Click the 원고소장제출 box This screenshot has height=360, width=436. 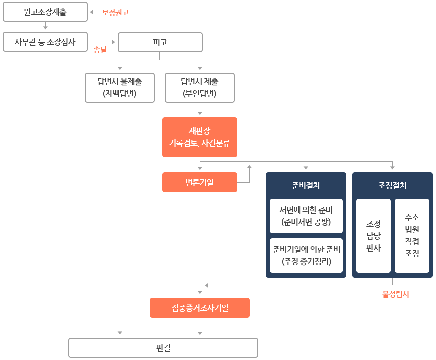click(x=45, y=12)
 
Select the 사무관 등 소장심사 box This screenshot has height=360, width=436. click(x=45, y=42)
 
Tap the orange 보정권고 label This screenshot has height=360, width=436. click(x=115, y=13)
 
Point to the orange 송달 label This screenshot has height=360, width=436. click(x=100, y=50)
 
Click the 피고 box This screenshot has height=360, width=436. click(x=160, y=42)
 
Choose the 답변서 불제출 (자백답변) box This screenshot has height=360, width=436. click(x=120, y=88)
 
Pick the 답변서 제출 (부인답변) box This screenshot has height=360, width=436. click(x=200, y=88)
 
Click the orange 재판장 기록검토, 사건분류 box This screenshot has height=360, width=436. click(x=200, y=138)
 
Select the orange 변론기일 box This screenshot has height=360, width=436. click(x=200, y=182)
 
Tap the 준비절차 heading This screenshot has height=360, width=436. click(x=306, y=186)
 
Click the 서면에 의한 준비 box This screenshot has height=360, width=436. click(x=306, y=216)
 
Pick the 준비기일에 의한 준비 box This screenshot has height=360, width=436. click(x=306, y=255)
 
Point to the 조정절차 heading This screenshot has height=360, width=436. click(x=392, y=186)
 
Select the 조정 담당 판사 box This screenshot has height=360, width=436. click(x=373, y=236)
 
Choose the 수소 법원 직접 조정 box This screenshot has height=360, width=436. click(x=412, y=236)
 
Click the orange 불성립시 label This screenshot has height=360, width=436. click(x=396, y=295)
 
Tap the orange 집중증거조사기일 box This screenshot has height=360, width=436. click(x=200, y=308)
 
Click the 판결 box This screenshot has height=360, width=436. click(x=163, y=348)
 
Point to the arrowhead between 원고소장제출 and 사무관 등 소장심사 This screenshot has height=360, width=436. click(x=45, y=28)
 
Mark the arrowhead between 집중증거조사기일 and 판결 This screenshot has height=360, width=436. click(x=200, y=332)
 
